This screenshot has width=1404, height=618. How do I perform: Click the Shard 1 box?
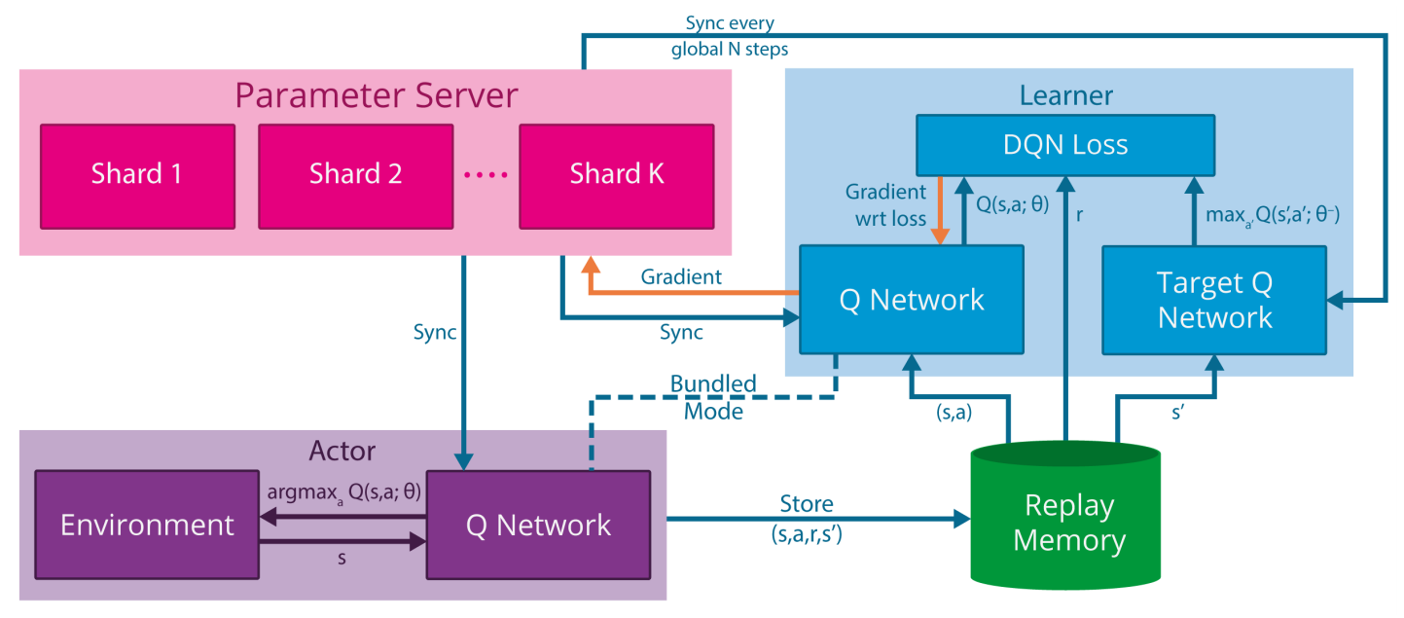(x=136, y=175)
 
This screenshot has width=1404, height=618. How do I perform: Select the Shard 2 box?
(x=355, y=175)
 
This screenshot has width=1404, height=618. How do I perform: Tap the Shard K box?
(x=616, y=175)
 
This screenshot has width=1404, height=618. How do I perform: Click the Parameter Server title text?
(x=377, y=95)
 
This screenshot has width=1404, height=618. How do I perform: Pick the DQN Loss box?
(x=1065, y=146)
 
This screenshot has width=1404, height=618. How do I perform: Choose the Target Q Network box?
(x=1215, y=300)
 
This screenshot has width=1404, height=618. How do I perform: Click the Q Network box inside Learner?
(x=912, y=300)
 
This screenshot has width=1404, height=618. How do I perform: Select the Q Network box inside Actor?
(x=538, y=526)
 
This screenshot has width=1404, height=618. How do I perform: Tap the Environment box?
(x=147, y=526)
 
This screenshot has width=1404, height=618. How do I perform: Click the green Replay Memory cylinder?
(x=1069, y=521)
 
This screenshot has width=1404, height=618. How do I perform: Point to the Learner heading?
(x=1066, y=95)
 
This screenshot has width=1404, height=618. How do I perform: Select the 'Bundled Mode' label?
(x=713, y=397)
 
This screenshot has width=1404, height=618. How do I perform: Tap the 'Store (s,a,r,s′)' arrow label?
(x=807, y=517)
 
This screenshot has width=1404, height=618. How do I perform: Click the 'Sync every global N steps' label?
(x=728, y=36)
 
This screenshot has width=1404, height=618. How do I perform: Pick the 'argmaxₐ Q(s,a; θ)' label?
(x=344, y=492)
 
